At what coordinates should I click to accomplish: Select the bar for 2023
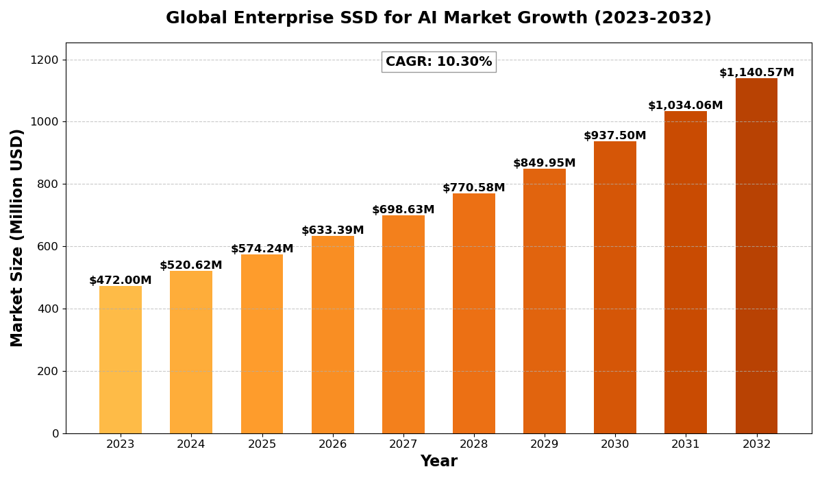pyautogui.click(x=121, y=359)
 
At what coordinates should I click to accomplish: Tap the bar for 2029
pyautogui.click(x=545, y=301)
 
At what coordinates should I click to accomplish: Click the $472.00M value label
pyautogui.click(x=121, y=280)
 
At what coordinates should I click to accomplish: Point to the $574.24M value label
pyautogui.click(x=262, y=249)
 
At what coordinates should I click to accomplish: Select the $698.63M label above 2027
pyautogui.click(x=403, y=210)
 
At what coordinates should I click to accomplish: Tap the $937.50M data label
pyautogui.click(x=615, y=136)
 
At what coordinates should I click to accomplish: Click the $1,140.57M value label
pyautogui.click(x=756, y=73)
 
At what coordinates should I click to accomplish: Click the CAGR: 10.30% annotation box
pyautogui.click(x=438, y=62)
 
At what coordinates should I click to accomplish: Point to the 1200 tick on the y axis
pyautogui.click(x=45, y=60)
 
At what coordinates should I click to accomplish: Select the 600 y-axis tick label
pyautogui.click(x=48, y=247)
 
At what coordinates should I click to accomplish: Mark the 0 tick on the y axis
pyautogui.click(x=55, y=433)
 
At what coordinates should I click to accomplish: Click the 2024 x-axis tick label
pyautogui.click(x=191, y=444)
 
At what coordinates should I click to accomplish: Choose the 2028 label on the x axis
pyautogui.click(x=474, y=444)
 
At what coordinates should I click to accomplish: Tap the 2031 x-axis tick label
pyautogui.click(x=686, y=444)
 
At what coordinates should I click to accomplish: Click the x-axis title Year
pyautogui.click(x=438, y=461)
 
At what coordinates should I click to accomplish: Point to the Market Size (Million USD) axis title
pyautogui.click(x=17, y=237)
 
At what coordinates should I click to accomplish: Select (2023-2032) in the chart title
pyautogui.click(x=653, y=19)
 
